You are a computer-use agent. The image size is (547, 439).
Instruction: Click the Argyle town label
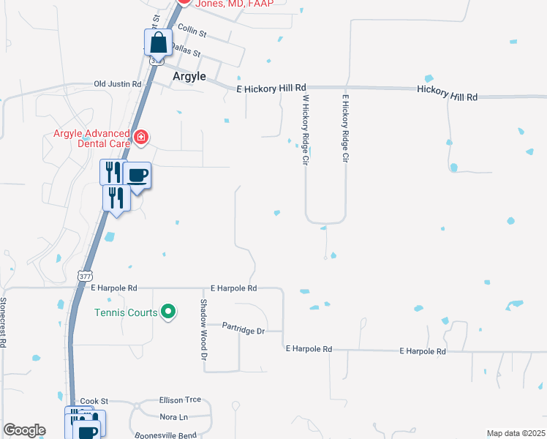coord(189,77)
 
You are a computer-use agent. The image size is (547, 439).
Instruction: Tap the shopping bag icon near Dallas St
coord(158,43)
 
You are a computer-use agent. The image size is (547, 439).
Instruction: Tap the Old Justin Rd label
coord(117,84)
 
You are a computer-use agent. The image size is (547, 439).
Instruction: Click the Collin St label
coord(192,34)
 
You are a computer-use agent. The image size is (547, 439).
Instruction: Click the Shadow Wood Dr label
coord(205,329)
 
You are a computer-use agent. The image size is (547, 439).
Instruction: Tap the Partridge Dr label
coord(244,331)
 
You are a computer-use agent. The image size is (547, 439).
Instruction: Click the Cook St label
coord(94,401)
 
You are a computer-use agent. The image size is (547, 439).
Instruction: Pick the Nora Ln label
coord(173,417)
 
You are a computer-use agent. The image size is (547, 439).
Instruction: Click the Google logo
coord(24,430)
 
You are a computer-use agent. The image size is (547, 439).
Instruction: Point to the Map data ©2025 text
coord(516,433)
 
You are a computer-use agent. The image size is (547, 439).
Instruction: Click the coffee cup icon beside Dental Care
coord(137,176)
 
